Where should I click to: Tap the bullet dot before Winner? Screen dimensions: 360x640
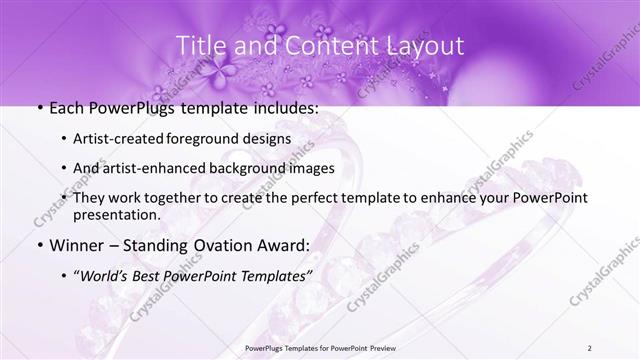(x=38, y=245)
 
